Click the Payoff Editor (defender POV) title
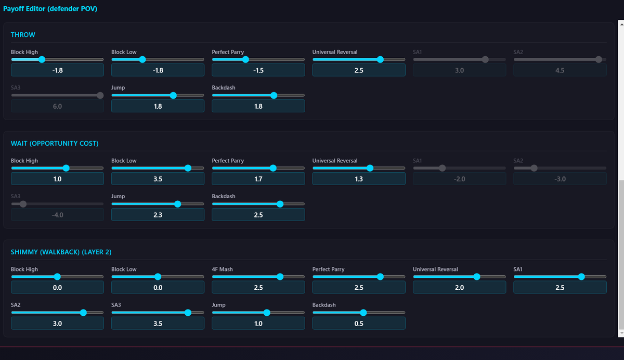(x=50, y=9)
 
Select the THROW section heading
(x=23, y=35)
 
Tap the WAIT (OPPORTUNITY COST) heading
(x=55, y=144)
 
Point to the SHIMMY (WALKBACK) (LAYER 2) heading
(x=61, y=252)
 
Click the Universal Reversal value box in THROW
(x=359, y=70)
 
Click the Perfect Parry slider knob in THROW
(x=245, y=59)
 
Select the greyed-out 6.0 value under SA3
(x=57, y=106)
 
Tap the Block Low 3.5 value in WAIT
(x=158, y=179)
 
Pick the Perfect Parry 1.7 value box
(x=258, y=179)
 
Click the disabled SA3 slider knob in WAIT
(x=23, y=204)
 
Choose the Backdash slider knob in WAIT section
(x=280, y=204)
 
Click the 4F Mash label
(x=222, y=269)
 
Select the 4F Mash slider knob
(x=280, y=277)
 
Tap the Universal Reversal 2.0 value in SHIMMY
(x=459, y=288)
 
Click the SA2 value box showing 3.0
(x=57, y=324)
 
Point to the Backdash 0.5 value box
(x=359, y=324)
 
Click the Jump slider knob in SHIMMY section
(x=267, y=313)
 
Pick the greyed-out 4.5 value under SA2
(x=560, y=70)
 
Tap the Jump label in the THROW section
(x=118, y=87)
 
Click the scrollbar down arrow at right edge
(x=621, y=333)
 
